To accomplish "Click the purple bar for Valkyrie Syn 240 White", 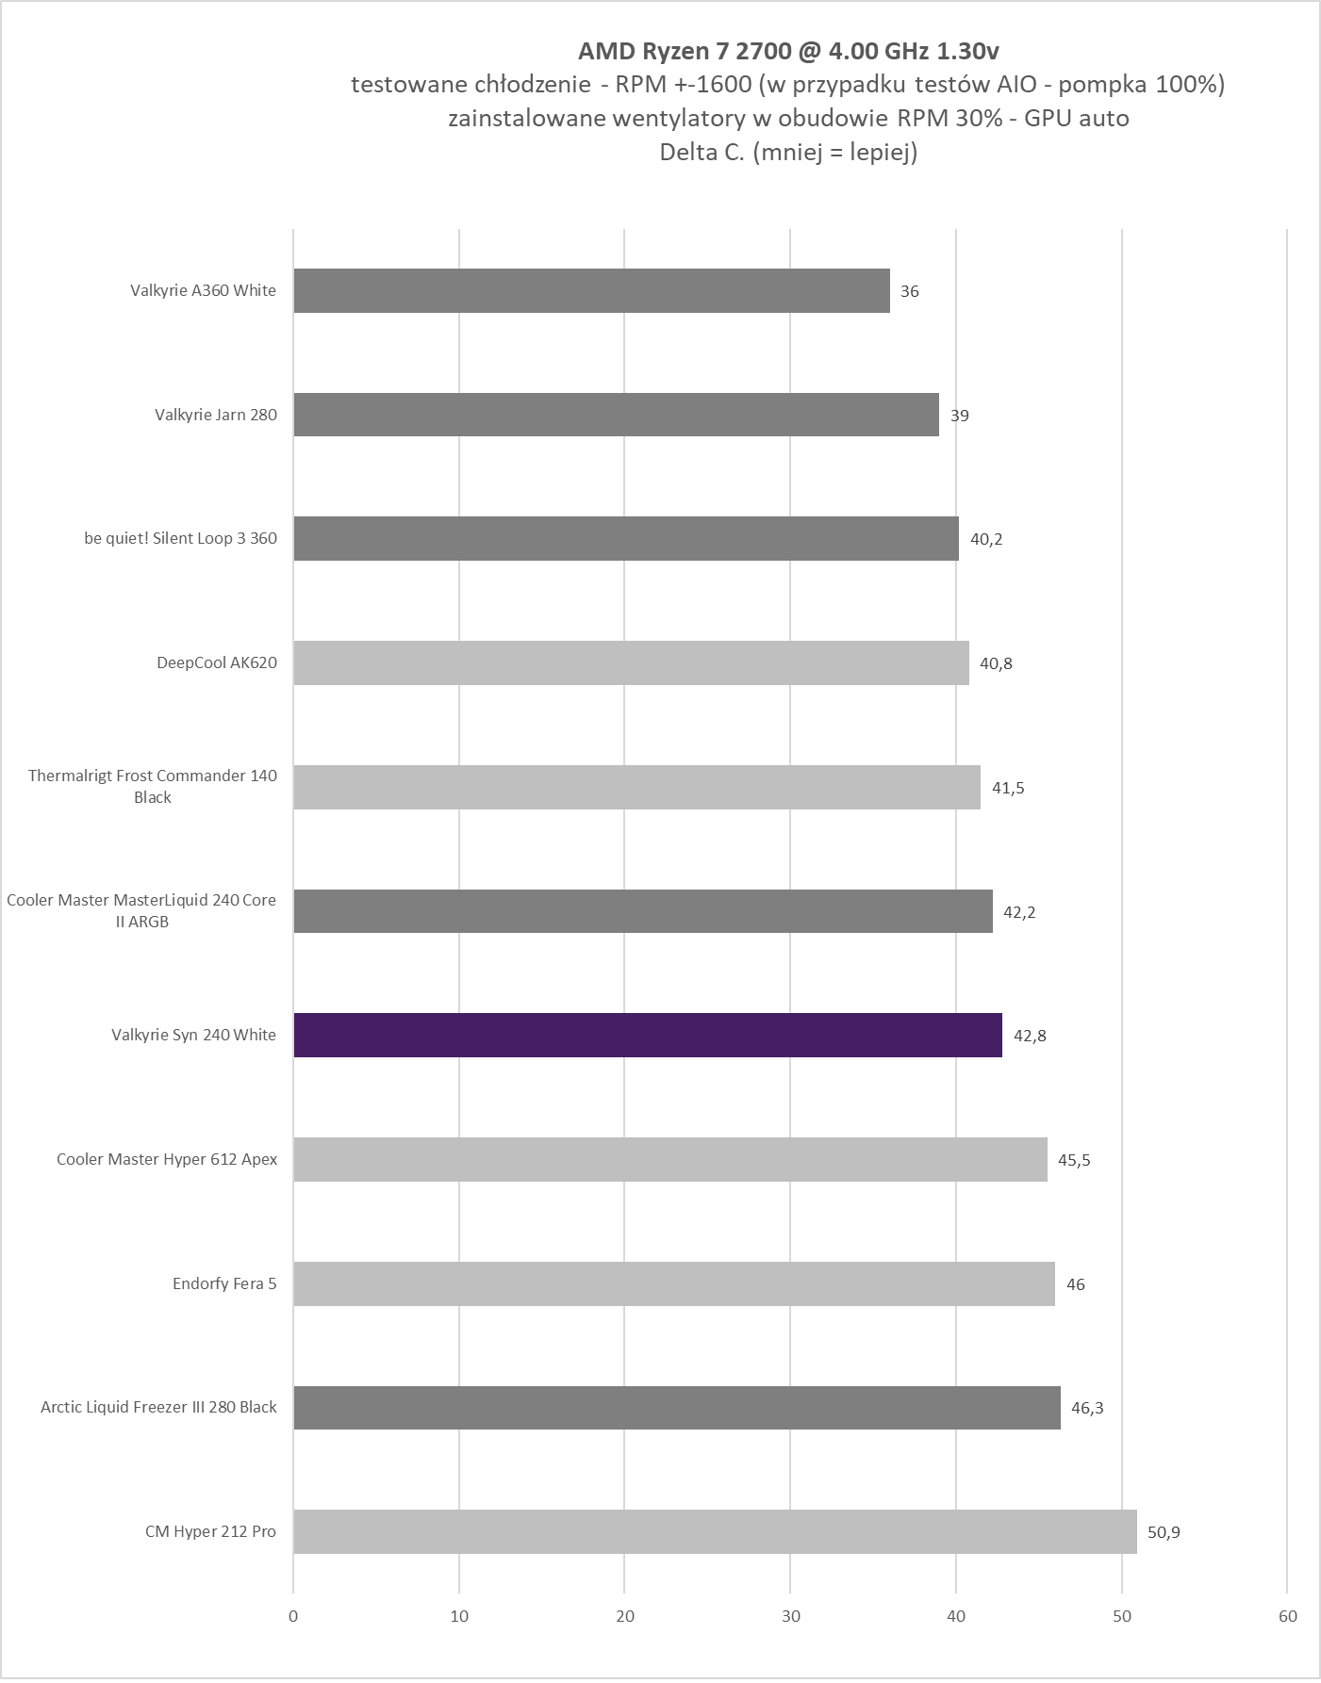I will (648, 1035).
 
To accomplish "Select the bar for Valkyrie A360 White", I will (591, 290).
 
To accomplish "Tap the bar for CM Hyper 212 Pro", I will (715, 1531).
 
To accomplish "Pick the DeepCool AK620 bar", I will (631, 662).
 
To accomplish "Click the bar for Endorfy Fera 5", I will (674, 1283).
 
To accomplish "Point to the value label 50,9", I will (1164, 1532).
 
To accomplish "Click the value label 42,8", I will (1030, 1036).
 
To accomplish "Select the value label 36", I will (909, 291).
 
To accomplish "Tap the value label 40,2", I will (986, 539).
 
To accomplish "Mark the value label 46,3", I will (1087, 1408).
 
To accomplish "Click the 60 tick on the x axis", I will (1288, 1616).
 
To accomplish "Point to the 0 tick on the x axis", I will (293, 1616).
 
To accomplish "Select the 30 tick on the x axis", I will (791, 1616).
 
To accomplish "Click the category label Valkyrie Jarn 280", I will (216, 415).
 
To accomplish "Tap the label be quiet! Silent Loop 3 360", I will (181, 538).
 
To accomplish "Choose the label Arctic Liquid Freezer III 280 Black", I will (158, 1407).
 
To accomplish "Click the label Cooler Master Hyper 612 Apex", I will (167, 1159).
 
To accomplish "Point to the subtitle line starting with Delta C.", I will (788, 152).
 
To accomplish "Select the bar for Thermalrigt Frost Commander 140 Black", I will (636, 787).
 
